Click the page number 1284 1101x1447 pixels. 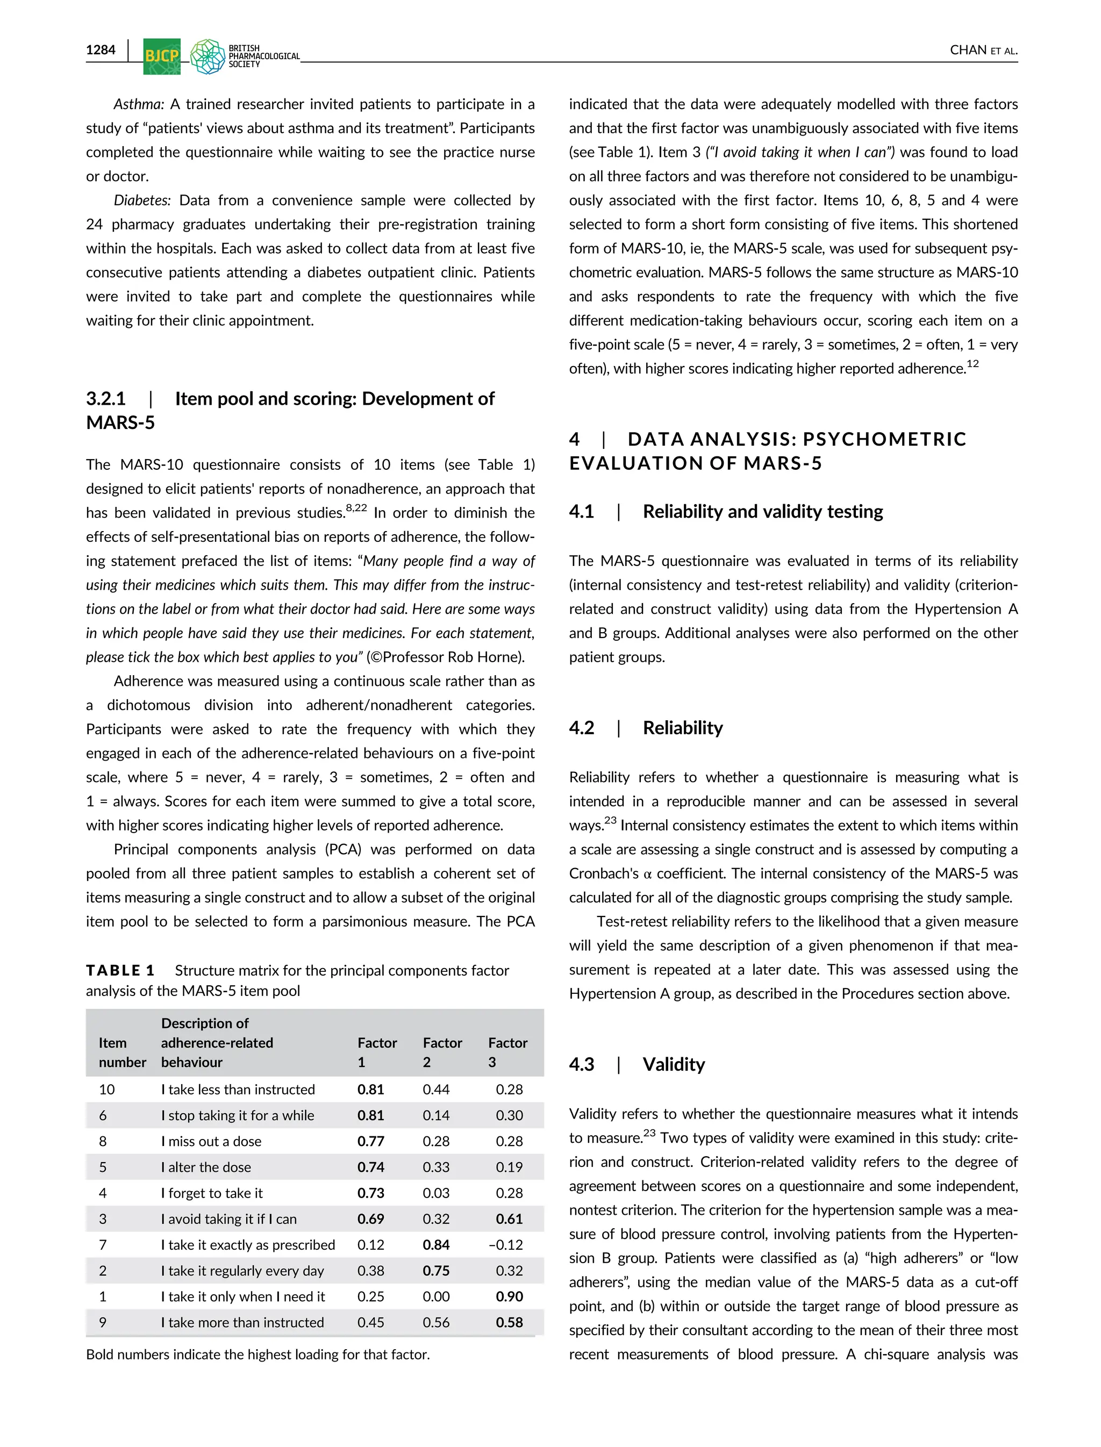[x=101, y=50]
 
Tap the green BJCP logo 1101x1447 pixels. [x=161, y=56]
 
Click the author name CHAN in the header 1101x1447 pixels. [x=967, y=51]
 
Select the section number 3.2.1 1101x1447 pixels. [x=105, y=398]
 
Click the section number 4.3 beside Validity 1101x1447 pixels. [x=581, y=1064]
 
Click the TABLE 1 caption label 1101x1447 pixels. [x=120, y=971]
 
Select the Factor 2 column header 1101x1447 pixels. [x=442, y=1052]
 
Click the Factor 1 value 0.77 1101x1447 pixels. [x=371, y=1141]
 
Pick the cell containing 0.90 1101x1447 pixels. [x=509, y=1296]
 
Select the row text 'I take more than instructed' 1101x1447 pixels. [x=242, y=1322]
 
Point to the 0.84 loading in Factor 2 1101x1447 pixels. [x=436, y=1244]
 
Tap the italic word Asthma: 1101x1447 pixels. [x=138, y=104]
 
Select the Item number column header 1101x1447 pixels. [x=122, y=1052]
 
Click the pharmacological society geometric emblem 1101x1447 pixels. [x=208, y=56]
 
